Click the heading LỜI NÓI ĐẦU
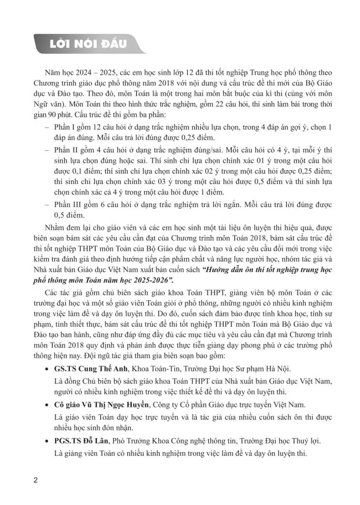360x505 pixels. click(89, 43)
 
